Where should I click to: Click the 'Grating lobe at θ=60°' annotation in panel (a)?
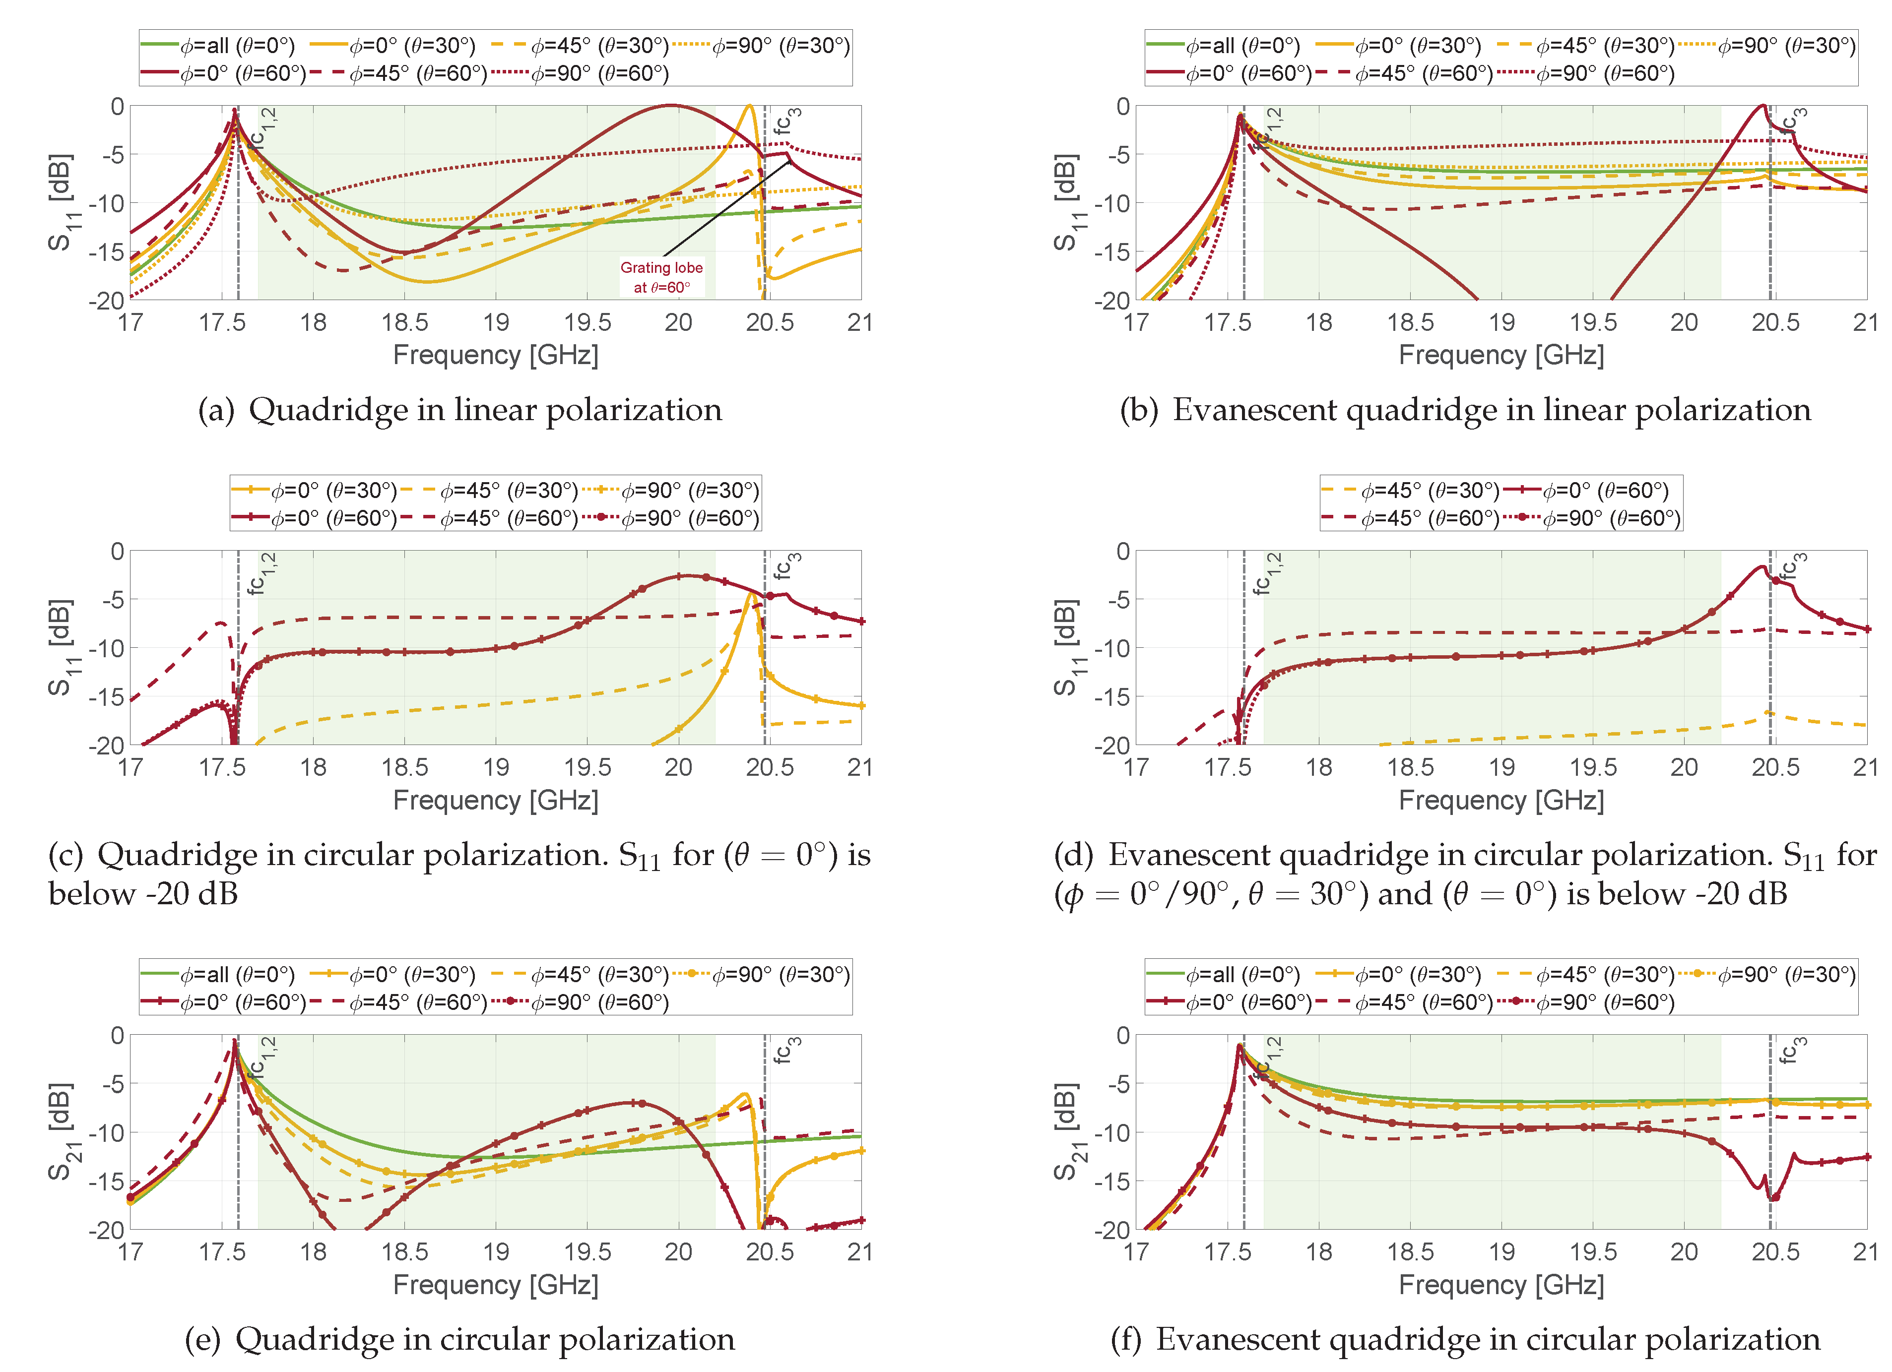(661, 277)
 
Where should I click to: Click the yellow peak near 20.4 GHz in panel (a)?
(749, 107)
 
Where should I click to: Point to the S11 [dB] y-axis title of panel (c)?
(59, 647)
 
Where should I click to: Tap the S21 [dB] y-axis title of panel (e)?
(59, 1132)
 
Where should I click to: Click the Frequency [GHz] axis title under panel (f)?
(1501, 1284)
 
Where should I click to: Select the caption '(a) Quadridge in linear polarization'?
(459, 410)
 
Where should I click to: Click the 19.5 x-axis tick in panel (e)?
(587, 1252)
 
